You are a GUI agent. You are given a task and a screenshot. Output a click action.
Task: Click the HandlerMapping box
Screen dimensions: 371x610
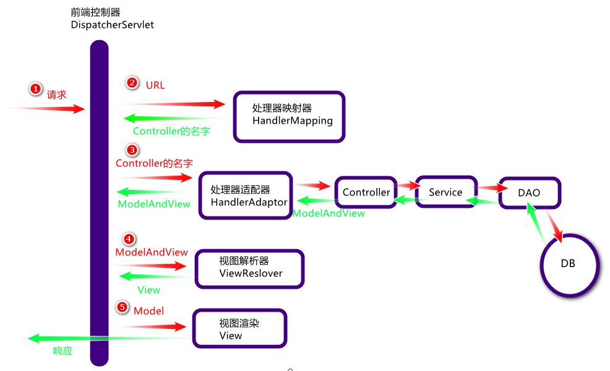(x=289, y=116)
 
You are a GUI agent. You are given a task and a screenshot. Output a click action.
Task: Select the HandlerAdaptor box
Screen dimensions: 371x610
(x=246, y=195)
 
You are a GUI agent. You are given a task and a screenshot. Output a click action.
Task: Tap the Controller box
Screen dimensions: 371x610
(x=366, y=192)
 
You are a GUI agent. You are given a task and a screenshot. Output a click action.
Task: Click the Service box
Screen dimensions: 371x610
(x=445, y=192)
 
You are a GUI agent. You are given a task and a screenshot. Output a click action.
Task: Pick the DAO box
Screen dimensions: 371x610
(x=529, y=193)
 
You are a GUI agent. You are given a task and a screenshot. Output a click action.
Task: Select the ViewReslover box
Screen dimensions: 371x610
(x=250, y=268)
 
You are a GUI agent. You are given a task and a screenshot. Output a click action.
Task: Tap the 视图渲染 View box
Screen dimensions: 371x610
(x=240, y=329)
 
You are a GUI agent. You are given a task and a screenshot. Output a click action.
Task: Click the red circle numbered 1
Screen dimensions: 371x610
(x=36, y=89)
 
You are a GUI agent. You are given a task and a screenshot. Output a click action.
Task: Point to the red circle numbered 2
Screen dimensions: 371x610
(x=132, y=82)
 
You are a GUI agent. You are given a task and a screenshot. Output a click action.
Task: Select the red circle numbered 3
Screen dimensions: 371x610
(x=132, y=150)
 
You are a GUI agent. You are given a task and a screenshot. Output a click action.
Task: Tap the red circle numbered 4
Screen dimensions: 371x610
(x=128, y=239)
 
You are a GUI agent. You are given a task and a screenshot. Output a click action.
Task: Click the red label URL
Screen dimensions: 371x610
(x=155, y=85)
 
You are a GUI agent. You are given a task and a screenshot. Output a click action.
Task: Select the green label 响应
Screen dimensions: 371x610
(x=62, y=351)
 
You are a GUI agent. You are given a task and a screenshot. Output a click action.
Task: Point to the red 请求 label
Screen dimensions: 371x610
(x=57, y=95)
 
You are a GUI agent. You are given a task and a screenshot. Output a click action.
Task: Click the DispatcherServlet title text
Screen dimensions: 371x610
(x=112, y=25)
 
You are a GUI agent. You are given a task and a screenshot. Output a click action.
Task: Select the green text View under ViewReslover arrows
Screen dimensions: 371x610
(x=148, y=290)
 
